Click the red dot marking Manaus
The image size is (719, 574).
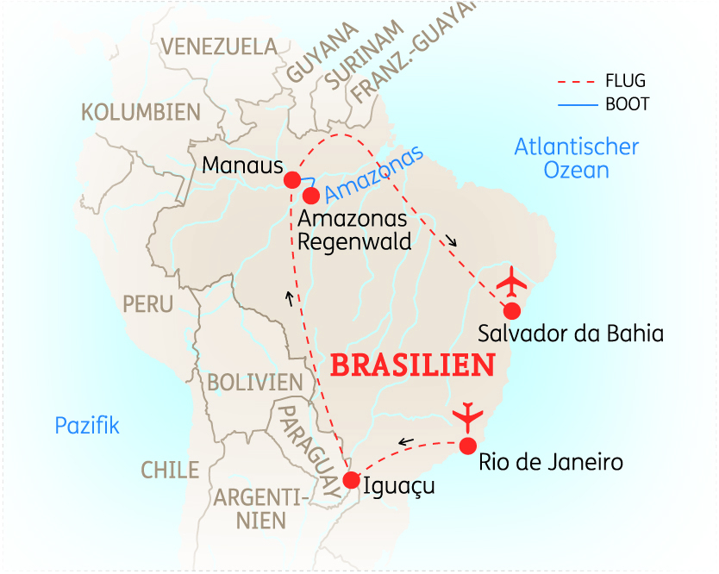pos(292,179)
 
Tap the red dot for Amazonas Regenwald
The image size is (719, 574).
pos(311,196)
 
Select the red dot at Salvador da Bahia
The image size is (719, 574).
pos(513,309)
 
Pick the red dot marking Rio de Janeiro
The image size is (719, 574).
pos(468,446)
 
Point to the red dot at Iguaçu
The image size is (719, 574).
pos(350,480)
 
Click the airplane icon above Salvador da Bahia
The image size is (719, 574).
pos(514,280)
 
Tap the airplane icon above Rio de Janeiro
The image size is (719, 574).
pos(468,416)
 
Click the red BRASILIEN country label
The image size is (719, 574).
pos(413,365)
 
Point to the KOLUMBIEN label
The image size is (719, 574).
pos(141,112)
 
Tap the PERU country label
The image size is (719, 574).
pos(147,303)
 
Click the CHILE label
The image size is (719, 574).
pos(170,470)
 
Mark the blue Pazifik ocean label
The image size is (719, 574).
pos(86,425)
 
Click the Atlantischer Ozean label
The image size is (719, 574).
pos(576,158)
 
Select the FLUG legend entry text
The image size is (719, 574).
pos(625,82)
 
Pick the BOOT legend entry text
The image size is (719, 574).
pos(627,104)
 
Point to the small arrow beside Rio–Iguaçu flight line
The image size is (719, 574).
pos(405,442)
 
